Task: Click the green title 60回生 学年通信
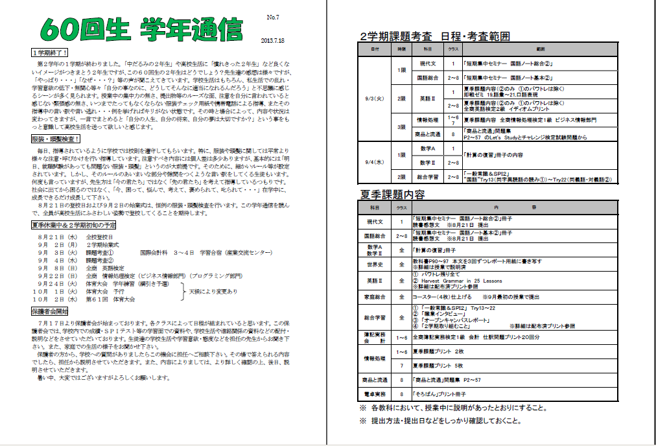click(140, 29)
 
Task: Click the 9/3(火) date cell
click(376, 99)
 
